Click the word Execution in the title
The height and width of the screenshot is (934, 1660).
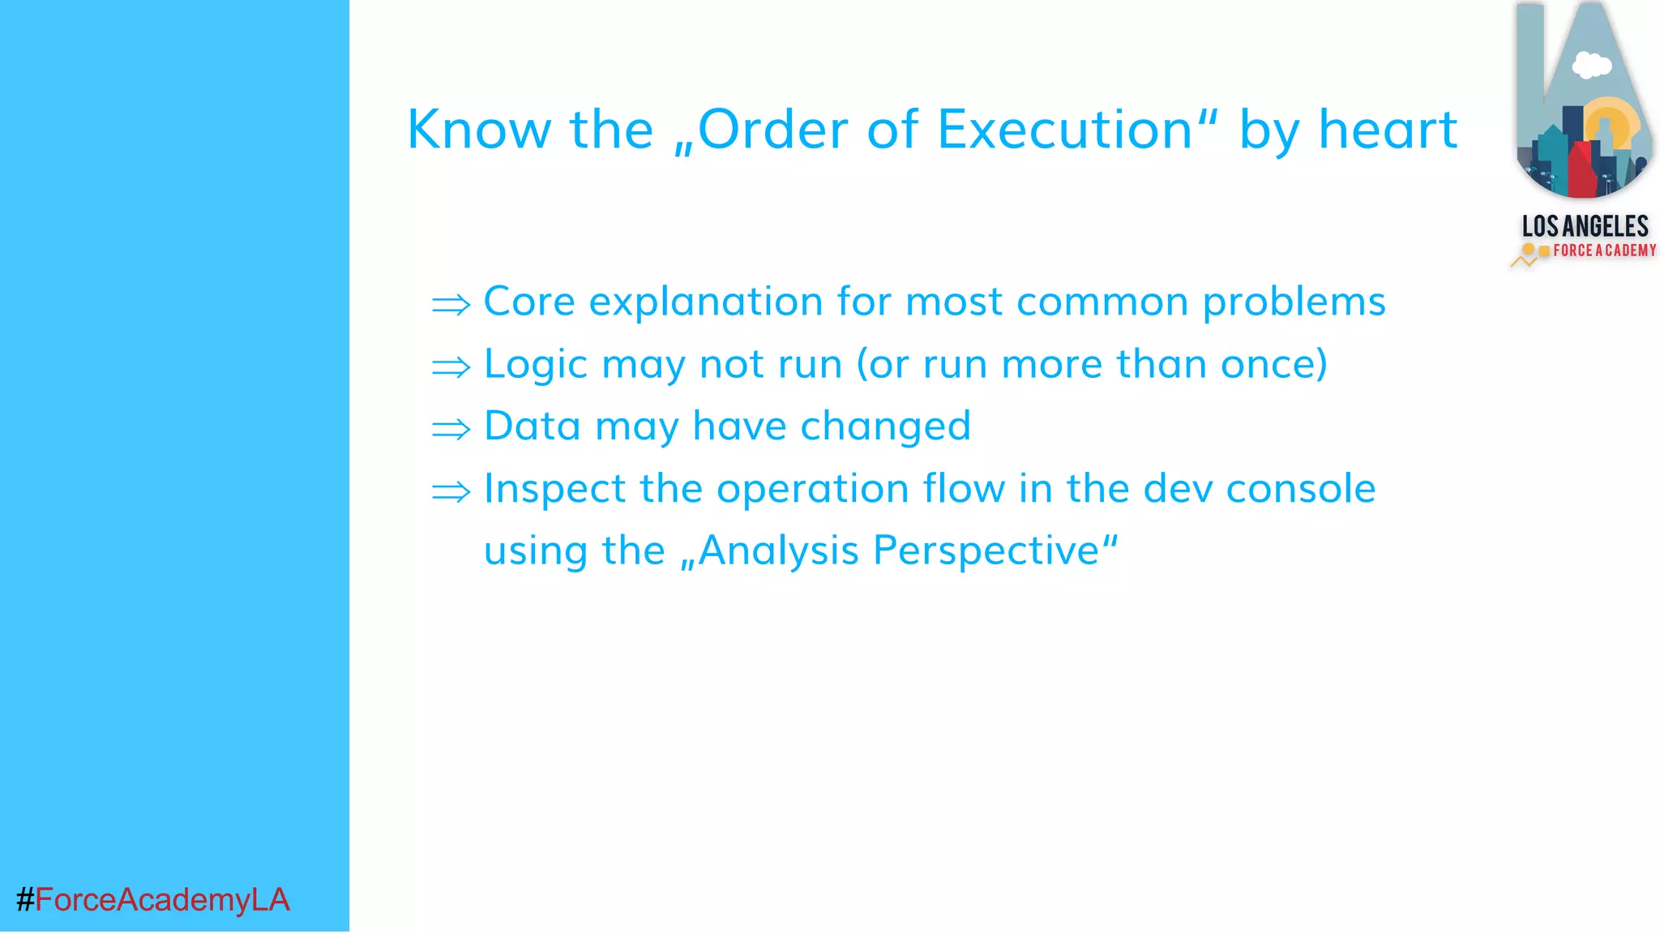[x=1065, y=130]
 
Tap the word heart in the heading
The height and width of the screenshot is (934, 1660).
[x=1388, y=130]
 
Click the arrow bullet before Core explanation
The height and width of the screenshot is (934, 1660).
[x=451, y=305]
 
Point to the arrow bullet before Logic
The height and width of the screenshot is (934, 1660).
[x=451, y=367]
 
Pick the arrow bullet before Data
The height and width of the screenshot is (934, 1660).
[x=451, y=429]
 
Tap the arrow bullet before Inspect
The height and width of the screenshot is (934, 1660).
[x=451, y=491]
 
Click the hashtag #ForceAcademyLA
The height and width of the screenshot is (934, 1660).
[x=152, y=900]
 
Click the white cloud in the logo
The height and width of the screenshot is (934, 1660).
[x=1591, y=65]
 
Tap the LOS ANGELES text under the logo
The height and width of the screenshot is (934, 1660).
[x=1585, y=226]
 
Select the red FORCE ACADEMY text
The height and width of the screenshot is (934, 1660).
[x=1604, y=251]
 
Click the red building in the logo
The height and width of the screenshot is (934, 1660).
[x=1581, y=170]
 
